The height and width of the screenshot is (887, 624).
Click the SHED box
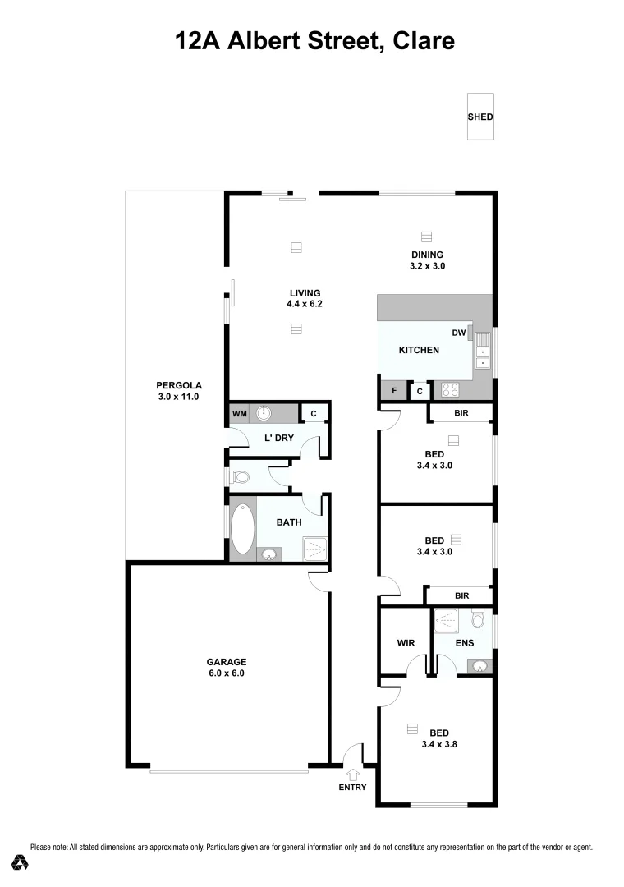coord(480,117)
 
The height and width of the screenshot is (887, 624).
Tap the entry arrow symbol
coord(354,773)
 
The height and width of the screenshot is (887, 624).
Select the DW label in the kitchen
coord(459,333)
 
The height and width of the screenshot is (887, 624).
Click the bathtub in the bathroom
coord(243,530)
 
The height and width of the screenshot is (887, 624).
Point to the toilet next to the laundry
coord(241,476)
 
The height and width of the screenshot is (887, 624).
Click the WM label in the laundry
coord(240,413)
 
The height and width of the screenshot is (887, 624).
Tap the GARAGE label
coord(226,662)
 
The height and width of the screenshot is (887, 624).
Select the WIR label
coord(404,642)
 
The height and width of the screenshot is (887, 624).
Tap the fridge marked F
coord(394,391)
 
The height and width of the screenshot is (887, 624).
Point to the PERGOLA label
coord(179,385)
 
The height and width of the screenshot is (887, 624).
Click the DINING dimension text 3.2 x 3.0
coord(427,266)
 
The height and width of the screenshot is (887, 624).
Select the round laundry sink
coord(266,412)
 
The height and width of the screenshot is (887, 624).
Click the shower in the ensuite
coord(447,620)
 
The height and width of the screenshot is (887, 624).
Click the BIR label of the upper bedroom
coord(461,413)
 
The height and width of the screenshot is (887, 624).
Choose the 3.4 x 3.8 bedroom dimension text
coord(438,746)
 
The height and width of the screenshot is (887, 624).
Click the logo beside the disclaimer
coord(20,862)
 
